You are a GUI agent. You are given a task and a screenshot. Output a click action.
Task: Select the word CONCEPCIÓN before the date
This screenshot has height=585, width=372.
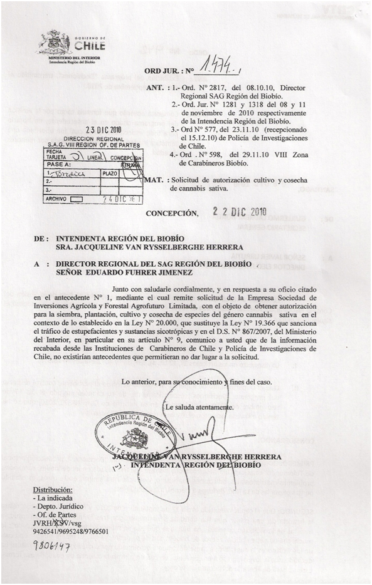(172, 214)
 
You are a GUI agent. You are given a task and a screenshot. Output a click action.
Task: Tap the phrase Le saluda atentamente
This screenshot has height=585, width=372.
(199, 408)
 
